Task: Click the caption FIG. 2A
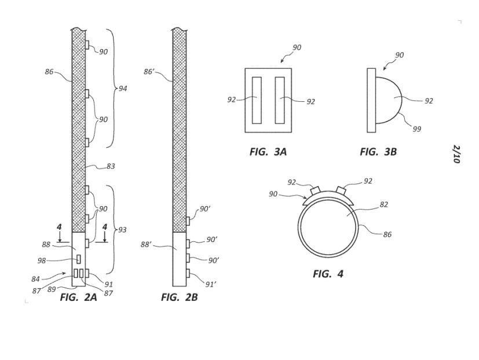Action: (78, 297)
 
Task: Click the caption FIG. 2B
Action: (180, 297)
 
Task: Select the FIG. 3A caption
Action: (268, 152)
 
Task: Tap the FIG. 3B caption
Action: (378, 152)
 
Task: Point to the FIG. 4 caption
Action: (328, 274)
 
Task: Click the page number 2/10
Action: (456, 154)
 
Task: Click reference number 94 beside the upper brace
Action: (123, 89)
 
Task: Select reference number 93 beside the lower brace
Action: (122, 230)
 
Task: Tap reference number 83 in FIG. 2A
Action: (111, 167)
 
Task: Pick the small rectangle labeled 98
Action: (79, 259)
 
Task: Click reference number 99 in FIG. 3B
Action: (416, 129)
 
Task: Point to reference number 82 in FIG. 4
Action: (383, 204)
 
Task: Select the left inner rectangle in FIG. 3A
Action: (257, 100)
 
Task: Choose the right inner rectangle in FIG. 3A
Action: (280, 100)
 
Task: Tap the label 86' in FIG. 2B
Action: (148, 72)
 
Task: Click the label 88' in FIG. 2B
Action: (146, 245)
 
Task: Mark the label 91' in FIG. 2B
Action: (210, 285)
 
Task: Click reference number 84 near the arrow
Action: (36, 279)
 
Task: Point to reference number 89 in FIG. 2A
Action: (52, 289)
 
